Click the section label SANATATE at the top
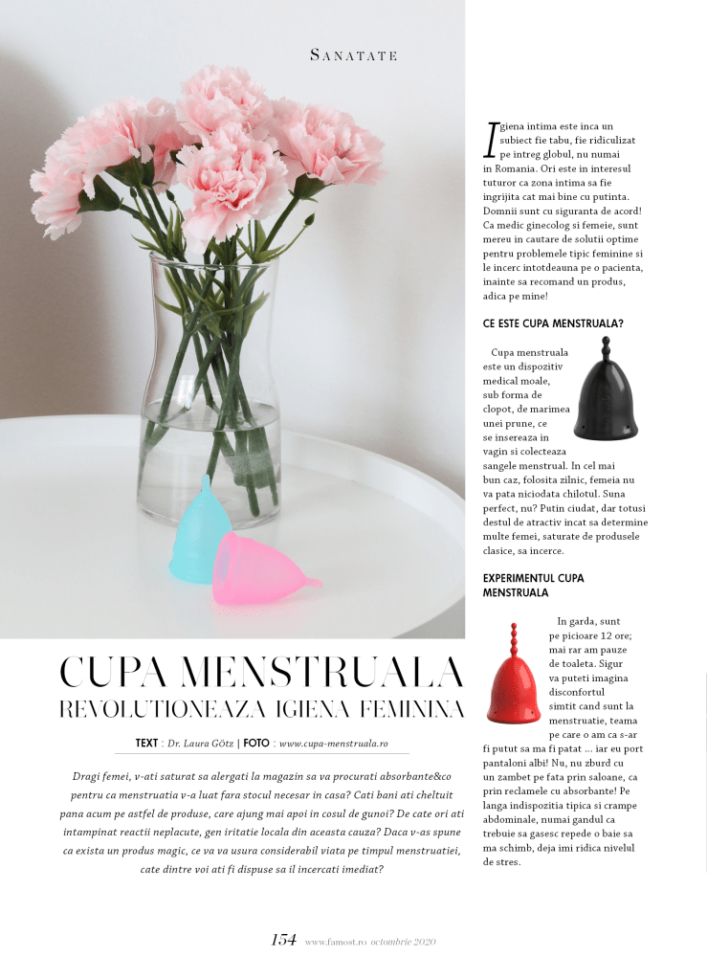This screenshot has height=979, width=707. click(x=353, y=56)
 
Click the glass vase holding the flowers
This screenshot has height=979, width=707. click(x=210, y=383)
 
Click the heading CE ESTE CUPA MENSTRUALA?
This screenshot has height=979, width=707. click(x=553, y=323)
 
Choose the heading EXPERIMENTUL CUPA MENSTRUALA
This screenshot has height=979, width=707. click(x=534, y=586)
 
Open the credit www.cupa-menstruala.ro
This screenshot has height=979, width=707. click(x=332, y=743)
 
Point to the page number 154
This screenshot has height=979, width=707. click(x=283, y=940)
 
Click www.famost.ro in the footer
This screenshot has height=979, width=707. click(x=335, y=942)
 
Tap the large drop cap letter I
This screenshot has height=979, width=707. click(x=492, y=139)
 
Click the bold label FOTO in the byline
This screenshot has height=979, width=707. click(x=255, y=743)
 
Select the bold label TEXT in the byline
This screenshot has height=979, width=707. click(x=146, y=743)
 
